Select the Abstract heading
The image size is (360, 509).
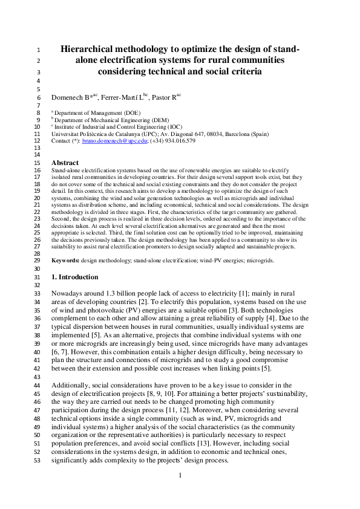tap(65, 163)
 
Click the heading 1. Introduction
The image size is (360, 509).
tap(74, 277)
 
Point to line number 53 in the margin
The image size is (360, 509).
tap(36, 462)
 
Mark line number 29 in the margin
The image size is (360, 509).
tap(36, 260)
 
